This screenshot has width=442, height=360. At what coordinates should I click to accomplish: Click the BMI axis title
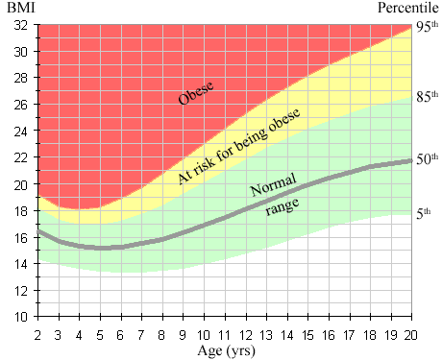21,8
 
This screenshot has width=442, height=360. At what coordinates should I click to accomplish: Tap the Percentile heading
407,8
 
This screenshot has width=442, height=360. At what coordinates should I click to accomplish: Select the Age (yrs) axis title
227,351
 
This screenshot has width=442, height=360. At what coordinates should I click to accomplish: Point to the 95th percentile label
427,27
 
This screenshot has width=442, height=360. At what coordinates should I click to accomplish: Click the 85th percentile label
427,96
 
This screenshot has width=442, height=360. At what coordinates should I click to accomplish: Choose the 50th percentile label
427,158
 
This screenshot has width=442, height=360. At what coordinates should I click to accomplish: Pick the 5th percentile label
424,213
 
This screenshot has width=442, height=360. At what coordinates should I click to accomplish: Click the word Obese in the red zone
196,93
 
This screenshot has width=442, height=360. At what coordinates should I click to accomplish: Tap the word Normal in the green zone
273,185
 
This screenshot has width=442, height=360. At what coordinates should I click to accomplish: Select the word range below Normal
282,206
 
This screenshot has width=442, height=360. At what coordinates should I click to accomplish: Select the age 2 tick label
37,335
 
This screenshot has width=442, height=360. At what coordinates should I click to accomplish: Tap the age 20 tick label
410,335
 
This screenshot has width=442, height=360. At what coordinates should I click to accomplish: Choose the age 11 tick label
224,335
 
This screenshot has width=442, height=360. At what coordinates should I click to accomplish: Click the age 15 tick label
307,335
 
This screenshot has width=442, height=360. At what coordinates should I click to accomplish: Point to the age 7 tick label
141,335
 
